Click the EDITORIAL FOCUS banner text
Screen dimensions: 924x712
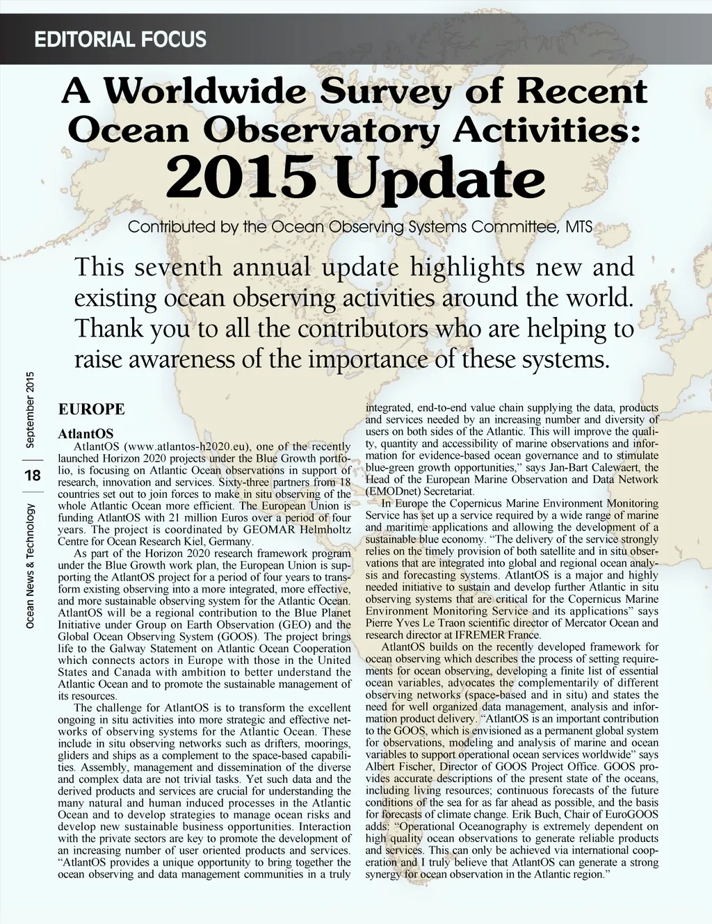click(120, 39)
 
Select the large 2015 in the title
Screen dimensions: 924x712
click(241, 179)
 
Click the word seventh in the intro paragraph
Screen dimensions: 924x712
click(177, 268)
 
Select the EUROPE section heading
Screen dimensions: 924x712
click(91, 409)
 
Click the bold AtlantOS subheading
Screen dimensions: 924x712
click(86, 435)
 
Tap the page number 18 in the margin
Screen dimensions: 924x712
click(32, 476)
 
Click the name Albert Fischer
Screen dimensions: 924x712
click(394, 766)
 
